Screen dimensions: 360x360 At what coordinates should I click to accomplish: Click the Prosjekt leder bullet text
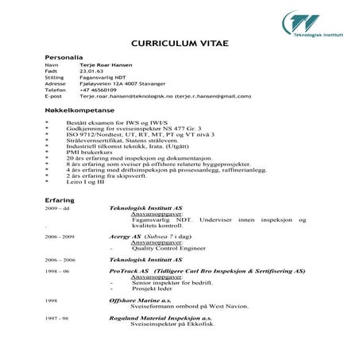pyautogui.click(x=153, y=289)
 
